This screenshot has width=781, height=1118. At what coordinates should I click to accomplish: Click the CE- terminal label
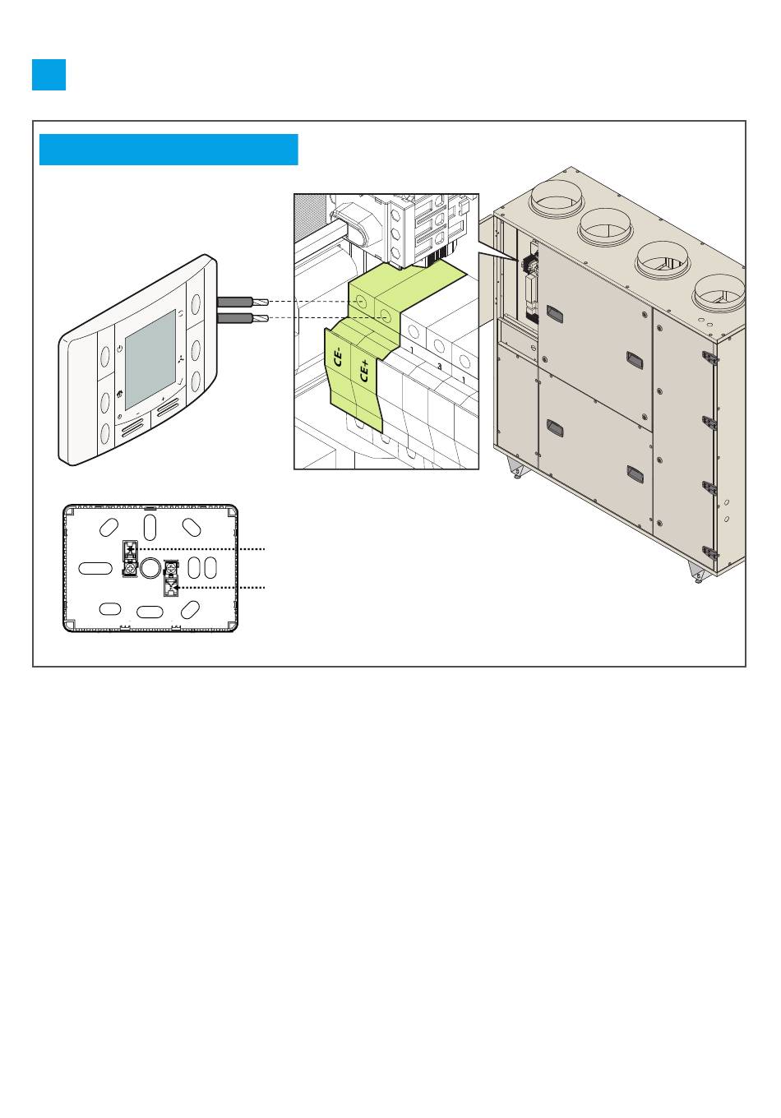point(338,358)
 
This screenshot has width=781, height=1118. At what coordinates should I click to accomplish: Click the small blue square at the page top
point(49,75)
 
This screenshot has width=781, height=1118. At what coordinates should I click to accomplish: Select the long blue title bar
point(169,150)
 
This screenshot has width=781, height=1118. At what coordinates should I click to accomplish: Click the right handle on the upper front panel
point(634,360)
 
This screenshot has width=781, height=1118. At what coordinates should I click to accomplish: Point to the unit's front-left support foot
point(517,470)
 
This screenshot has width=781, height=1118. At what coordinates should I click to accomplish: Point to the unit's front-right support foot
point(698,573)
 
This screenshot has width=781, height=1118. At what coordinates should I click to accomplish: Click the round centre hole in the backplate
point(150,567)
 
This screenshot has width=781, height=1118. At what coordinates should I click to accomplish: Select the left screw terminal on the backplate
point(129,558)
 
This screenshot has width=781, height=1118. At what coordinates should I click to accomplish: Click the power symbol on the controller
point(120,349)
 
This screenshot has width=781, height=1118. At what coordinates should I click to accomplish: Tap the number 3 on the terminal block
point(439,367)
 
